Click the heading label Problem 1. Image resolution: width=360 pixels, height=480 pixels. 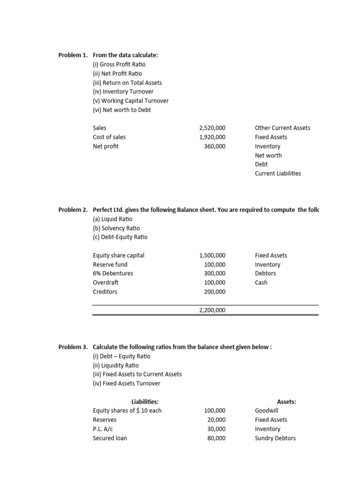pos(73,55)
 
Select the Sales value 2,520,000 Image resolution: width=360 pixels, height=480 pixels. pos(212,128)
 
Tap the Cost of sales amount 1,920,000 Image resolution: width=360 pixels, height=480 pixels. pos(212,137)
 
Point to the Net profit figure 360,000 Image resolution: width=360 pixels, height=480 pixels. pos(215,146)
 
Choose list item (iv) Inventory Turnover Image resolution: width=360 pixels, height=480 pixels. pos(123,92)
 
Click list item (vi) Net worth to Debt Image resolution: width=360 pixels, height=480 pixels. pos(122,110)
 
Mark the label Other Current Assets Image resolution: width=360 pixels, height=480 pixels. pos(282,128)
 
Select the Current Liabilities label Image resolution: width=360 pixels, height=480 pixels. pos(278,173)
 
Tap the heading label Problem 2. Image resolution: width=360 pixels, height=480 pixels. pos(73,210)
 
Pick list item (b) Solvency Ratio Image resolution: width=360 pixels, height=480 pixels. pos(116,228)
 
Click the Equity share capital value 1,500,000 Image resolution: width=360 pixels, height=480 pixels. pos(212,255)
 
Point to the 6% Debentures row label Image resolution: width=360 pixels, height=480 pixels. pos(113,274)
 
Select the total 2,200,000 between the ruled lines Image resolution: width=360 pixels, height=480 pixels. pos(212,310)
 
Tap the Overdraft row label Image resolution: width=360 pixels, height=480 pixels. pos(105,283)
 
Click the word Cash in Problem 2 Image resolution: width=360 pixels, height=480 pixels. pos(261,283)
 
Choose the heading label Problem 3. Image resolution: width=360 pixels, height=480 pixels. pos(73,347)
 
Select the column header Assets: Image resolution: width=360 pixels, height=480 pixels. pos(286,402)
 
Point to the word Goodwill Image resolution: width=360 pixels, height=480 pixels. pos(267,411)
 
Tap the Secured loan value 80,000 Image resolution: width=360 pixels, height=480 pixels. pos(216,438)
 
